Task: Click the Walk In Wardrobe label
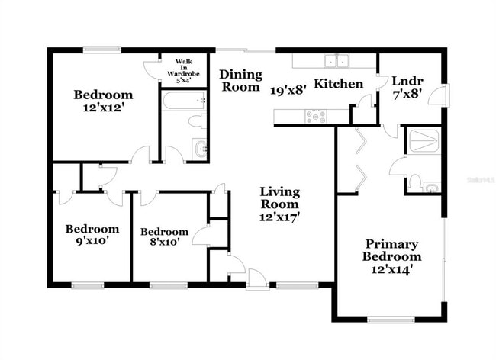pos(183,69)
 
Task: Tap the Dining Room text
pos(241,81)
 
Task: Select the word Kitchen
pos(339,83)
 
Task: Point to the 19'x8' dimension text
pos(288,89)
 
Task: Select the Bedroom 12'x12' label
pos(103,101)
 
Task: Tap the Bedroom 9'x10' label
pos(92,235)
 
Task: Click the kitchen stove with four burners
pos(316,117)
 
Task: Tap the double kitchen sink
pos(334,61)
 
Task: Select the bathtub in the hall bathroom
pos(184,101)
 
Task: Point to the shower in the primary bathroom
pos(422,141)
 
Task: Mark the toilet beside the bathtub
pos(195,121)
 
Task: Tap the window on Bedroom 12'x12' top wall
pos(101,50)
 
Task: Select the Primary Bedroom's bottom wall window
pos(391,320)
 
